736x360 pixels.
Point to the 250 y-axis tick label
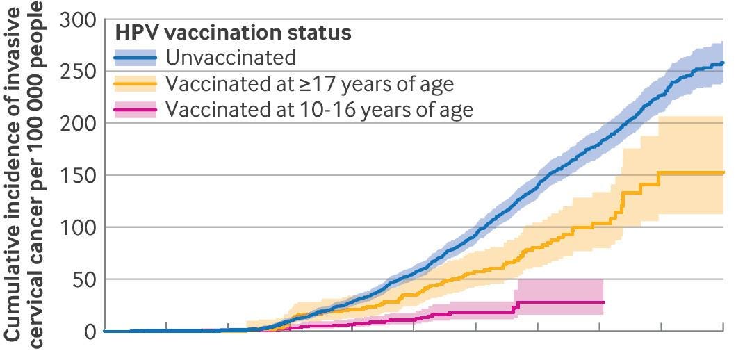click(77, 72)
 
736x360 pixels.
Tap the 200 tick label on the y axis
click(77, 124)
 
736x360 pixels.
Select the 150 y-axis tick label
click(77, 176)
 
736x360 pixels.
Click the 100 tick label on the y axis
click(77, 228)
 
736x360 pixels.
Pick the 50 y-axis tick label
click(83, 280)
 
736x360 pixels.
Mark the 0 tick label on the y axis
click(89, 332)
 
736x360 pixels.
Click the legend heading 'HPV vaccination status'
click(233, 33)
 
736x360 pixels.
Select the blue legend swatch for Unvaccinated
click(136, 58)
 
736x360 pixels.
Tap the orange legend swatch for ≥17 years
click(136, 85)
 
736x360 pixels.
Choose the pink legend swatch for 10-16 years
click(136, 111)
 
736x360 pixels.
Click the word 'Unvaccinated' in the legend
click(231, 58)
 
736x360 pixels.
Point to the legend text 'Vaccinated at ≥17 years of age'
click(309, 85)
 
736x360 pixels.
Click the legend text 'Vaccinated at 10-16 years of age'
click(319, 111)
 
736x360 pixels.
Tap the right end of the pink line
click(604, 302)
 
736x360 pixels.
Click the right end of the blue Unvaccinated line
click(723, 63)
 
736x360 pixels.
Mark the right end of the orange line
click(723, 173)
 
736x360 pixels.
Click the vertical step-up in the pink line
click(516, 307)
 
